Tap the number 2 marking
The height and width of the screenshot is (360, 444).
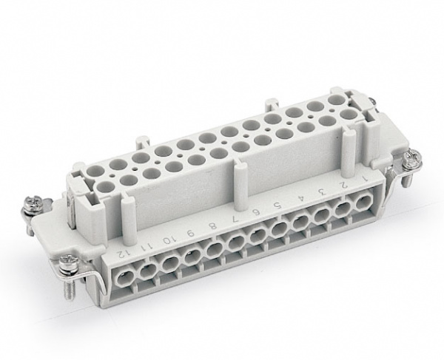(344, 185)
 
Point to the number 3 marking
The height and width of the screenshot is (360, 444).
(322, 192)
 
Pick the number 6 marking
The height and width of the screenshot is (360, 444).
(258, 212)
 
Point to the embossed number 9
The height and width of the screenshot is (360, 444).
(191, 234)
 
